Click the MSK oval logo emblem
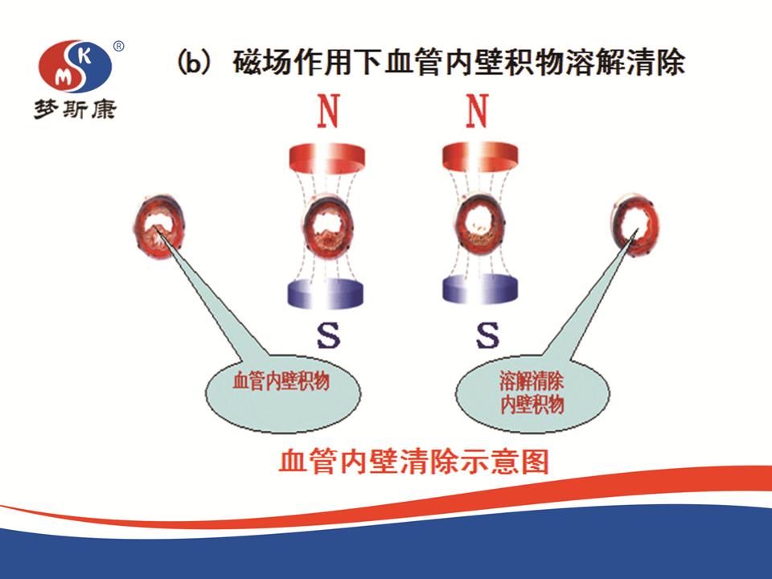point(75,66)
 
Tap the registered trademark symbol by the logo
point(119,47)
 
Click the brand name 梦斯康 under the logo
point(75,109)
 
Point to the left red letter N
point(328,111)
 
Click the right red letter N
point(477,111)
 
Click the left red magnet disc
point(327,157)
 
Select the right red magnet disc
point(480,157)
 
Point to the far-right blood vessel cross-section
point(634,225)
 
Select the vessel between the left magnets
point(327,228)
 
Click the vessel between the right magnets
point(479,224)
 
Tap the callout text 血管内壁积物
point(281,381)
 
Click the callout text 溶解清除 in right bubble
point(532,381)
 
